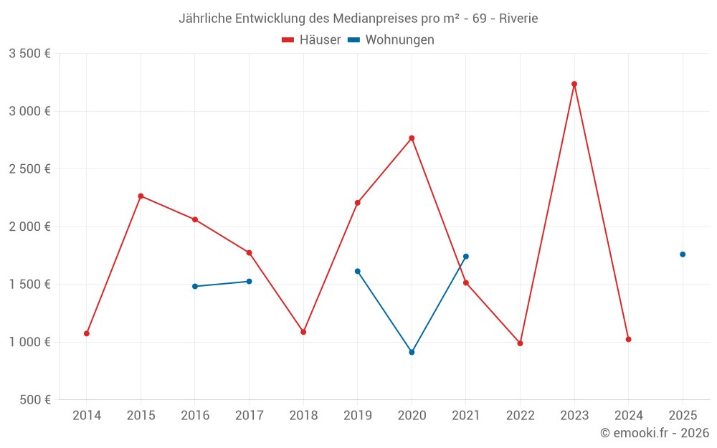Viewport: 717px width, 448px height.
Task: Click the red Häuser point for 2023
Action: click(574, 84)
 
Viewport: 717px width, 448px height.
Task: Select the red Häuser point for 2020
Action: click(412, 138)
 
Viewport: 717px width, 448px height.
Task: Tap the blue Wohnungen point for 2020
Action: click(412, 352)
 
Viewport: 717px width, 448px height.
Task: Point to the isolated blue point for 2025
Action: click(683, 254)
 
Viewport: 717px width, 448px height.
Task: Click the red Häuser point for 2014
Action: click(87, 333)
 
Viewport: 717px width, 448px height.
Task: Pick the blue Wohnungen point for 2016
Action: click(195, 286)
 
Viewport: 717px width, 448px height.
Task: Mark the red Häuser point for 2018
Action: click(303, 332)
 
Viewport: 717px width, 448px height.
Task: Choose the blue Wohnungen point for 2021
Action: click(466, 257)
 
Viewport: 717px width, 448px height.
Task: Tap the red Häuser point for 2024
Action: click(629, 339)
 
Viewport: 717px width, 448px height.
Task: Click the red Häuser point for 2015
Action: click(141, 196)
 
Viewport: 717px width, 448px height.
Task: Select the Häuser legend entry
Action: click(311, 40)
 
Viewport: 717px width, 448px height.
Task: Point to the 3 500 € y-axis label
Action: click(29, 54)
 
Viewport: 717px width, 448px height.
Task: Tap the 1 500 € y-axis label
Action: click(29, 285)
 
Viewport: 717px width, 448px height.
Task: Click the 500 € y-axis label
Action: click(34, 400)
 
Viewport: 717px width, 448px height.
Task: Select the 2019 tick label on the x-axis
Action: click(358, 416)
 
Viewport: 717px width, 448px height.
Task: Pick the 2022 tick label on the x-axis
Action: click(520, 416)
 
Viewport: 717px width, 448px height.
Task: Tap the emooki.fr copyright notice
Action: click(655, 433)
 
